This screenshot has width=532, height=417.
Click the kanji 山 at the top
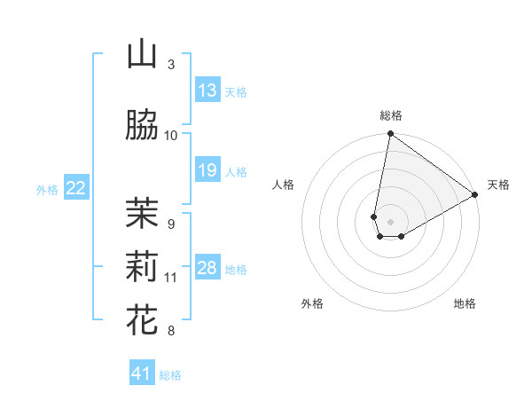[142, 55]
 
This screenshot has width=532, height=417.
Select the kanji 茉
[142, 212]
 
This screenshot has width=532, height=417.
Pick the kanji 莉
[142, 265]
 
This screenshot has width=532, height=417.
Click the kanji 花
[142, 319]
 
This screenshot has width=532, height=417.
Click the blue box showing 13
[207, 90]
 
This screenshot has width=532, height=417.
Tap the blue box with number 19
[207, 170]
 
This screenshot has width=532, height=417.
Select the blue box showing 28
[207, 268]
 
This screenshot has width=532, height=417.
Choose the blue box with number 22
[76, 187]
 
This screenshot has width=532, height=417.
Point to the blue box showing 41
[143, 374]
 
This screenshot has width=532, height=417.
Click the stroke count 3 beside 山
[171, 64]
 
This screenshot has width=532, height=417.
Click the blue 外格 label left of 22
[47, 188]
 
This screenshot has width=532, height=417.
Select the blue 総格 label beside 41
[170, 375]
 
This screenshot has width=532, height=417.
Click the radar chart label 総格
[391, 115]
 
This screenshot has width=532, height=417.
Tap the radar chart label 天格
[498, 185]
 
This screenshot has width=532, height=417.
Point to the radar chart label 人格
[284, 185]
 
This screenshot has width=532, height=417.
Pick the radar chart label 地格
[465, 303]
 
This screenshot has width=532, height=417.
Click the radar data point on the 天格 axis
[475, 194]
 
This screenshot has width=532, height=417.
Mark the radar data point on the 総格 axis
[390, 135]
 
